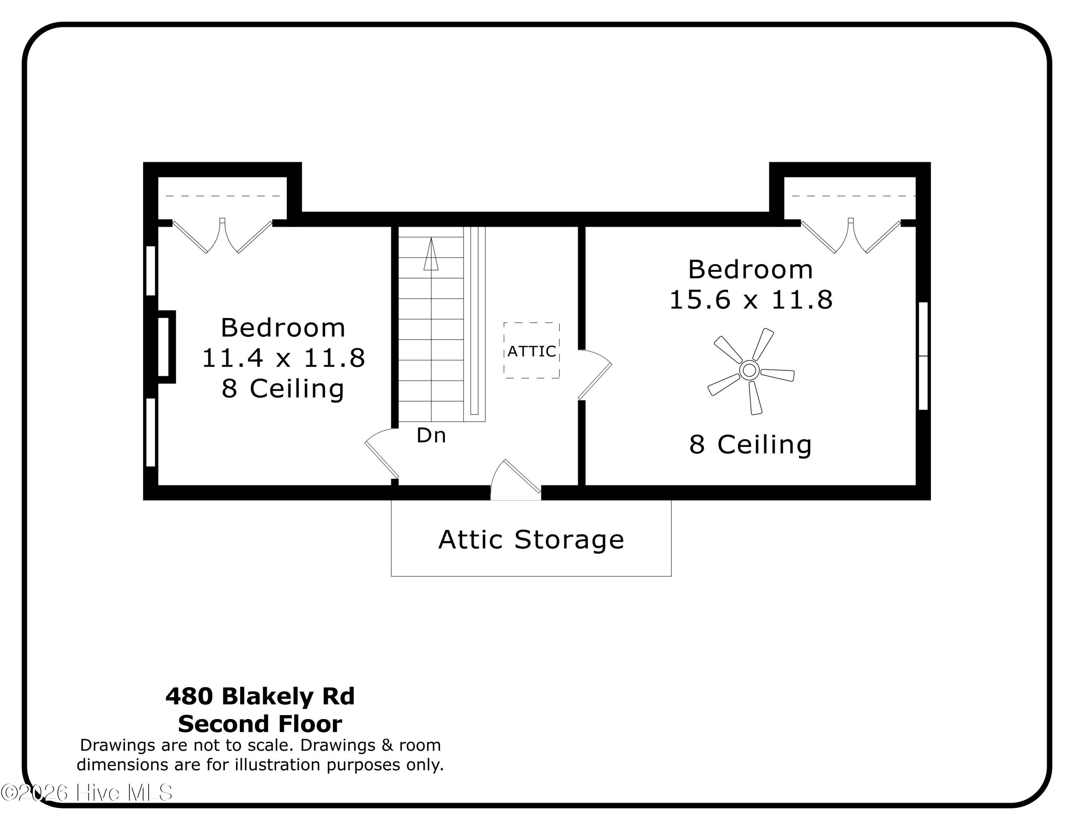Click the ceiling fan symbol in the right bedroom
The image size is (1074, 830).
[749, 370]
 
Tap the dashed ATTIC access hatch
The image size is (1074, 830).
[532, 351]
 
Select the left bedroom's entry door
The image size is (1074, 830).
[382, 455]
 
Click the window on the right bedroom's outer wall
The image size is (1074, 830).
[923, 356]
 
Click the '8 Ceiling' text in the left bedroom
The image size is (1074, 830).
[283, 389]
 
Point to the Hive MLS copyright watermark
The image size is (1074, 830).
[87, 792]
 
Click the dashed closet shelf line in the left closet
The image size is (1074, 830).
[222, 196]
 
